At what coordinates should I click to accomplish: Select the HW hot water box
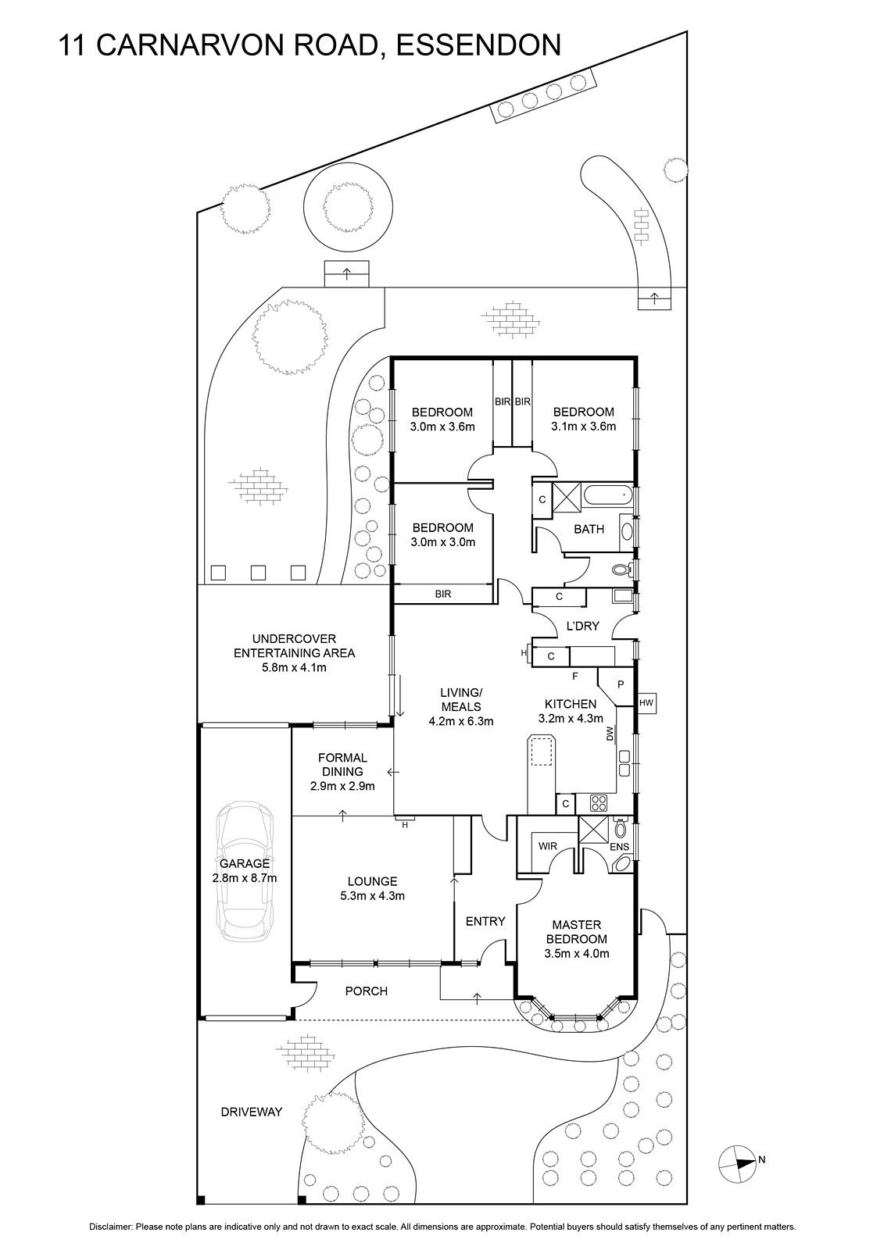(x=646, y=703)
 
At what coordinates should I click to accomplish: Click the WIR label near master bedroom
(x=547, y=845)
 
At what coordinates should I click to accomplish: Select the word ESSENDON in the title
(x=478, y=45)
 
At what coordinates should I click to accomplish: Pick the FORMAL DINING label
(x=342, y=764)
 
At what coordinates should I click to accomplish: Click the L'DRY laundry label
(x=582, y=625)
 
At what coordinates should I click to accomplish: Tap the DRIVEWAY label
(x=251, y=1112)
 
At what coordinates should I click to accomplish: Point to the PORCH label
(x=366, y=991)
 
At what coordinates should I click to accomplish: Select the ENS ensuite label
(x=619, y=846)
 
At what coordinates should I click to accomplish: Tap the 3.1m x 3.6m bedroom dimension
(x=583, y=427)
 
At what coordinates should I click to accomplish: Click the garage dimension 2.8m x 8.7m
(x=245, y=877)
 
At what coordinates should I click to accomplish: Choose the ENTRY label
(x=485, y=921)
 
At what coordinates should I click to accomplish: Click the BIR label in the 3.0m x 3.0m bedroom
(x=442, y=594)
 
